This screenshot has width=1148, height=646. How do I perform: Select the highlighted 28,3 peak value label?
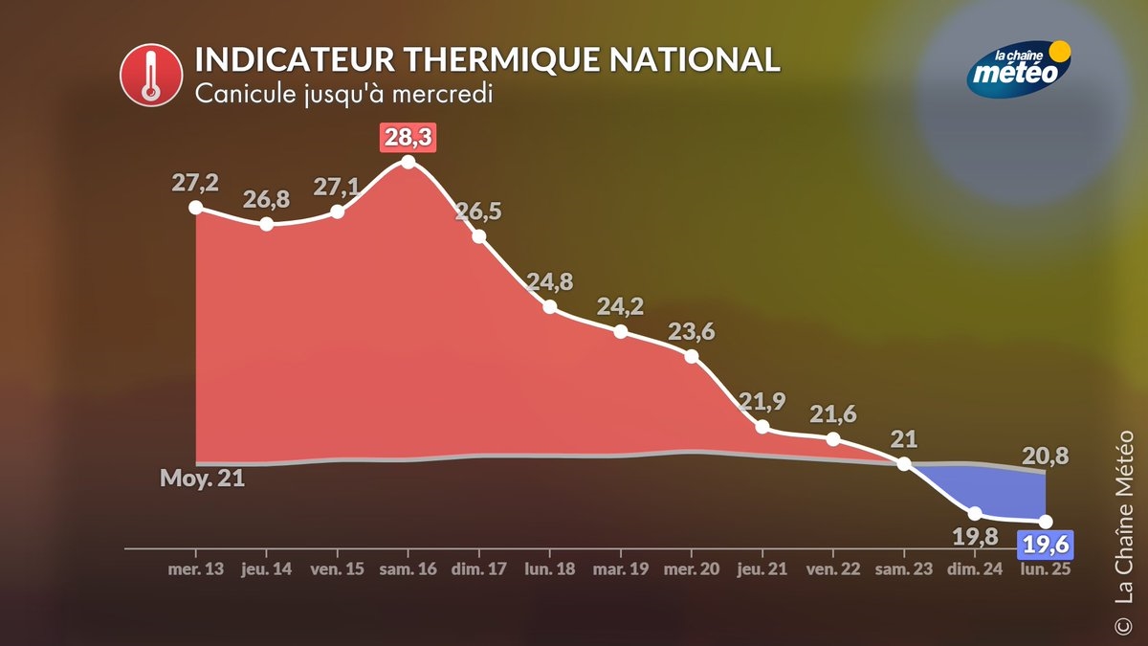[x=408, y=137]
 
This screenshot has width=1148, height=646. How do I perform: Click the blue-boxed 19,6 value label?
[x=1045, y=545]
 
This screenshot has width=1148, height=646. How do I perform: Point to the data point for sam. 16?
[x=408, y=162]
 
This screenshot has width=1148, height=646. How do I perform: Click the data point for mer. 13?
[x=196, y=207]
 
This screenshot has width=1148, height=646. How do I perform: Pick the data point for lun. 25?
[x=1046, y=522]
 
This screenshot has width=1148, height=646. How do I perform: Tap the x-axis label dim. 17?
[x=478, y=569]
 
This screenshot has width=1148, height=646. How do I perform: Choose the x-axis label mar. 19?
[x=620, y=569]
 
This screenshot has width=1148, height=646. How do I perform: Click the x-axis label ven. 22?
[x=832, y=569]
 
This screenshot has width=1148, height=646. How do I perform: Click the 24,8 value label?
[x=550, y=282]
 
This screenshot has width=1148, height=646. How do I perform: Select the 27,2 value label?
[x=196, y=183]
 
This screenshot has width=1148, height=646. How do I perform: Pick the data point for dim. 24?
[x=975, y=514]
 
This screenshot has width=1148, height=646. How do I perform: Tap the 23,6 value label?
[x=692, y=331]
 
